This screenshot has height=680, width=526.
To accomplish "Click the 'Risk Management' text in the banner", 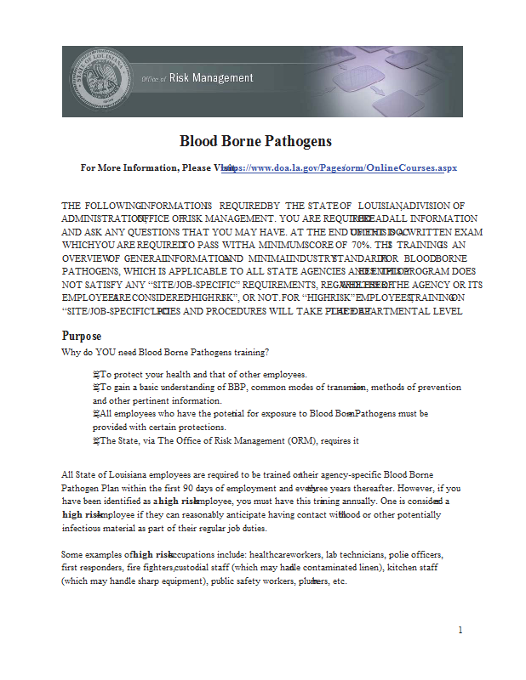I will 211,78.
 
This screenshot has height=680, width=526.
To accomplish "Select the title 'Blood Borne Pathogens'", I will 255,141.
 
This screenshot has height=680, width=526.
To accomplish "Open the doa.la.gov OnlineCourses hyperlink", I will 340,168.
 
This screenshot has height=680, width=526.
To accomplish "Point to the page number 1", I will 460,631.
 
